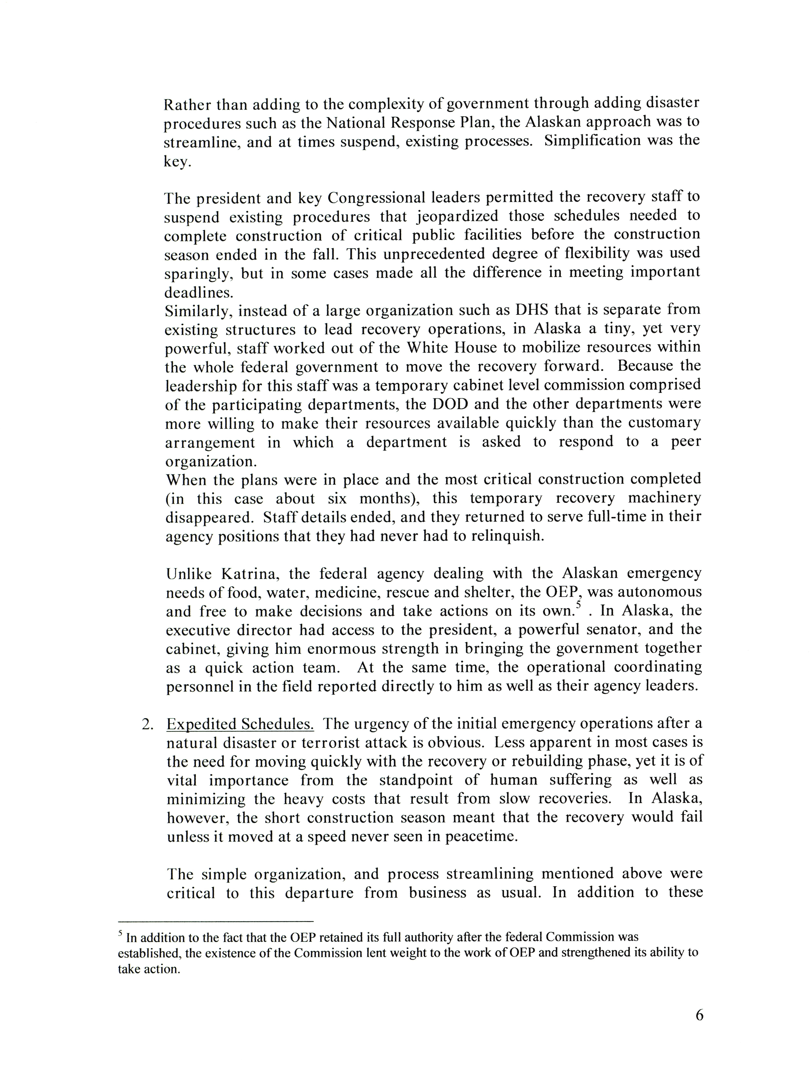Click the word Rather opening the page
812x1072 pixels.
point(186,104)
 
